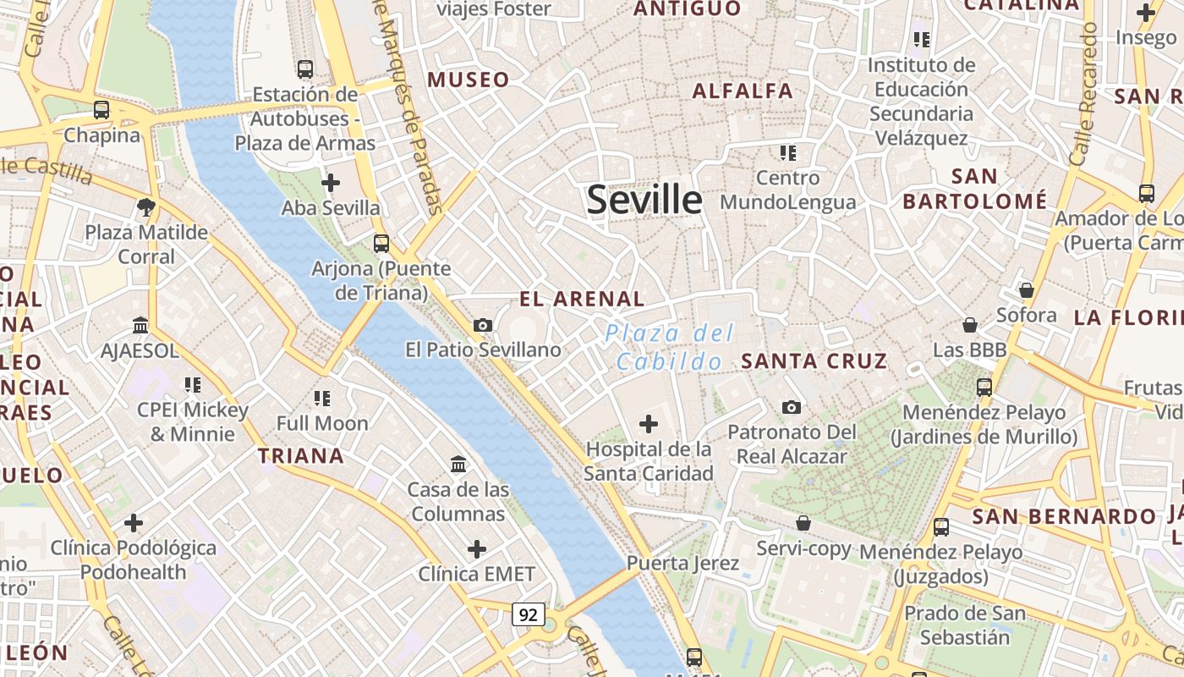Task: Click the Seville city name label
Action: [x=644, y=200]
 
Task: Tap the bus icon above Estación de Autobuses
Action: [x=305, y=69]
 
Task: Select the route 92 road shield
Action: [x=528, y=614]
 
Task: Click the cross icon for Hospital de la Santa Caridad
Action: [x=649, y=423]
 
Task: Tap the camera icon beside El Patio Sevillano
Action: [x=483, y=325]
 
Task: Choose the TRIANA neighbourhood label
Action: [x=301, y=456]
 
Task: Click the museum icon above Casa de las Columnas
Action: [x=458, y=464]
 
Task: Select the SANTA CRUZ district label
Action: [x=814, y=361]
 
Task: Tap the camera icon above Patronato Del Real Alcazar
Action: [x=792, y=408]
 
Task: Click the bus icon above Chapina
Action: [x=101, y=110]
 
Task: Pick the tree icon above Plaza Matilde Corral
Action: [x=146, y=206]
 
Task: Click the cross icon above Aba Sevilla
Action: [x=331, y=182]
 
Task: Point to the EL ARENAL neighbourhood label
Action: [x=582, y=299]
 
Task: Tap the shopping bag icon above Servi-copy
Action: [x=803, y=524]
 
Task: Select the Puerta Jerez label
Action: [x=682, y=563]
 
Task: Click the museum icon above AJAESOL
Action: [x=140, y=325]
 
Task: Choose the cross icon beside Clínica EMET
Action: [x=477, y=549]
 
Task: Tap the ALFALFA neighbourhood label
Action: [x=743, y=91]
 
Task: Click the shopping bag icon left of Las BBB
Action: [x=970, y=325]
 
